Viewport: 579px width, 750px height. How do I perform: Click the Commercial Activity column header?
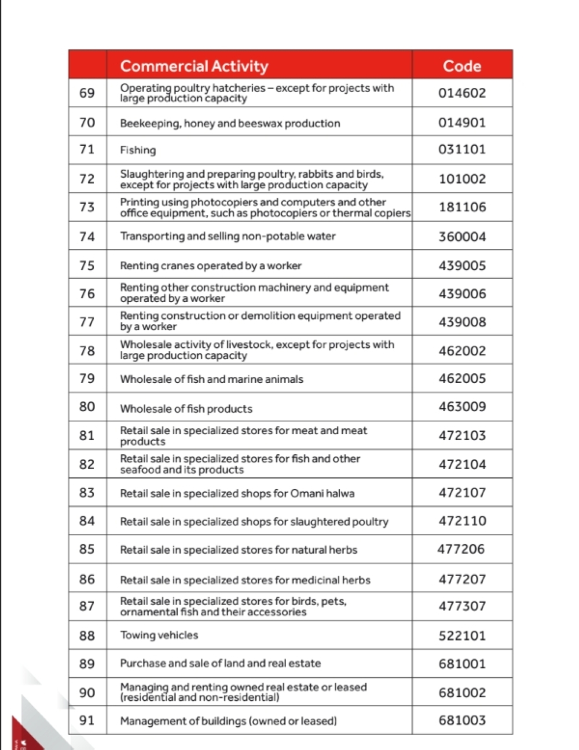(194, 66)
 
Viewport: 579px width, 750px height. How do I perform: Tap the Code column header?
(462, 66)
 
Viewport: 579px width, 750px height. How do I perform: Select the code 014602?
(462, 93)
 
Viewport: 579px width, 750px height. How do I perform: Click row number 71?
(87, 149)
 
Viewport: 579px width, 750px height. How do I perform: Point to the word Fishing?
(138, 150)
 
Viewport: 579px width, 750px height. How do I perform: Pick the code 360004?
(462, 237)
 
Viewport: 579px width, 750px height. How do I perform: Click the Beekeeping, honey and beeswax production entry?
(230, 123)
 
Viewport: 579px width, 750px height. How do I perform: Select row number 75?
(87, 266)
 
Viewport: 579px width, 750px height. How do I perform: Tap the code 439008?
(462, 322)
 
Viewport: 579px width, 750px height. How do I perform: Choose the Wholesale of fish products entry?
(186, 409)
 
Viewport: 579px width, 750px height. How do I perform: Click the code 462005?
(462, 378)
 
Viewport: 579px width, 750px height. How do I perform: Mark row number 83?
(87, 492)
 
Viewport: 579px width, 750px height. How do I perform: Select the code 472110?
(462, 521)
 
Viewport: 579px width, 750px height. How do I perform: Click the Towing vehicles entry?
(159, 635)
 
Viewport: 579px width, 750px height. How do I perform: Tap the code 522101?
(462, 635)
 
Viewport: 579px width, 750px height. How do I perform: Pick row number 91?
(87, 720)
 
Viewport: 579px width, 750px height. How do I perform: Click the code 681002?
(462, 693)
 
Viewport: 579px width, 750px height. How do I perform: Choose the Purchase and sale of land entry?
(220, 664)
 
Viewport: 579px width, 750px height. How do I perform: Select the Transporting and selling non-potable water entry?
(228, 236)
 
